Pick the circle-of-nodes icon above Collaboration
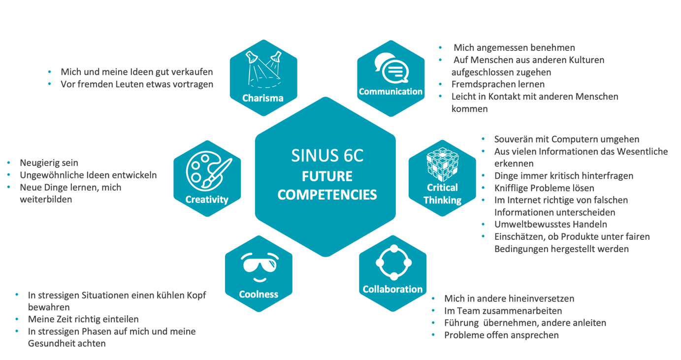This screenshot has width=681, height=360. click(393, 262)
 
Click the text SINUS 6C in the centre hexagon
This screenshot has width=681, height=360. click(327, 156)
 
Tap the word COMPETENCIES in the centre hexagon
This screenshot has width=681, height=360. click(327, 195)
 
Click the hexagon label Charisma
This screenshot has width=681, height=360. click(263, 98)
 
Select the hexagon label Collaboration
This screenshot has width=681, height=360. click(392, 289)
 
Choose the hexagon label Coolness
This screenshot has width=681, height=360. click(259, 295)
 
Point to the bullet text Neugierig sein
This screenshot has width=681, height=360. click(49, 163)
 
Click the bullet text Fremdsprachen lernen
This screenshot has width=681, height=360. click(498, 84)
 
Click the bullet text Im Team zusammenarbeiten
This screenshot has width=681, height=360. click(503, 311)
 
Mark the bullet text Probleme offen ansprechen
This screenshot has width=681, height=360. click(501, 335)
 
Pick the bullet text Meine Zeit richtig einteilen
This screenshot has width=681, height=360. click(83, 319)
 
